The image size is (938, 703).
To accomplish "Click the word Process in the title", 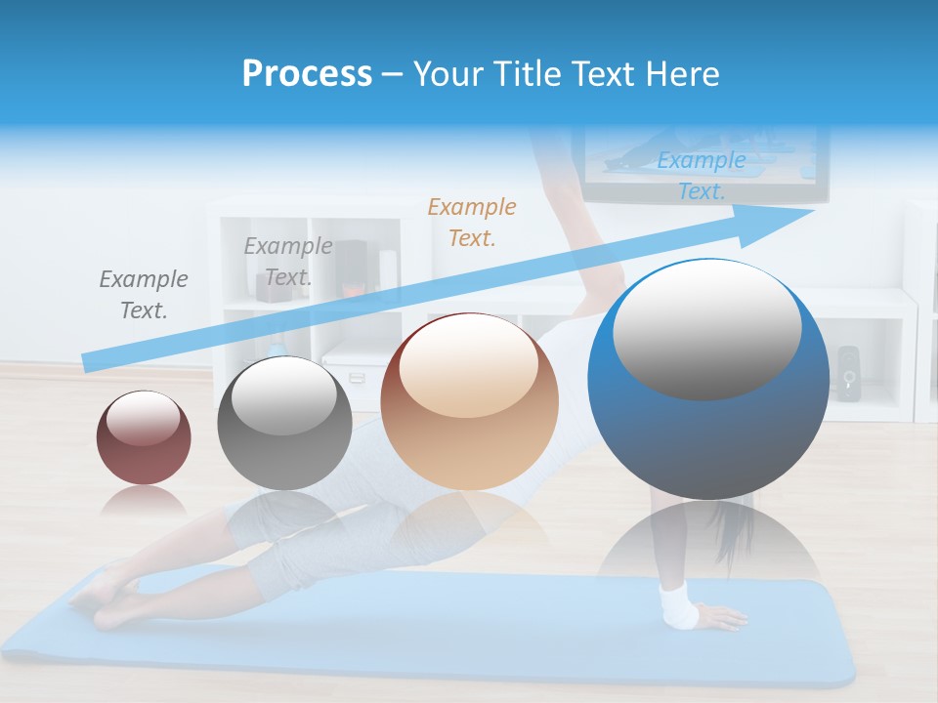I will tap(307, 74).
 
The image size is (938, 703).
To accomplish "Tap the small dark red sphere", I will tap(144, 437).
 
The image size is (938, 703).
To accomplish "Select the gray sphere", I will tap(284, 424).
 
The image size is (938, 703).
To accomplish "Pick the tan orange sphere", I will tap(469, 402).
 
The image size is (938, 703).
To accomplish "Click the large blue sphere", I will tap(708, 381).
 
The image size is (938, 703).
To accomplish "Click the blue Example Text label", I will tap(701, 176).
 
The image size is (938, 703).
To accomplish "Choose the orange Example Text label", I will tap(472, 222).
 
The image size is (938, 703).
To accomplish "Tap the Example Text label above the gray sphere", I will tap(287, 262).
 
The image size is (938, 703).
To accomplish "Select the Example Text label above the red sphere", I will tap(144, 295).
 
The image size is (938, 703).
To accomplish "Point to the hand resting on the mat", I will tap(721, 617).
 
